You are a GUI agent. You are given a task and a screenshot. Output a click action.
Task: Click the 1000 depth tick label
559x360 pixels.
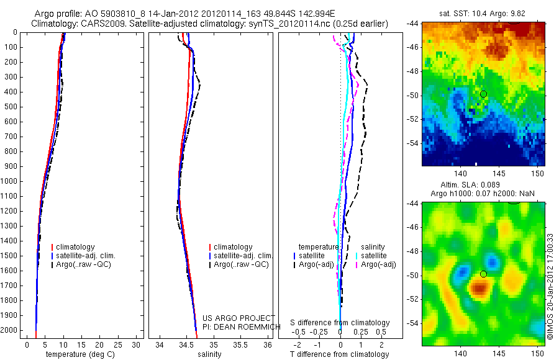tap(9, 181)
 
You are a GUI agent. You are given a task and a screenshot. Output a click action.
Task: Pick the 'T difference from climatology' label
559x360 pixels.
tap(340, 354)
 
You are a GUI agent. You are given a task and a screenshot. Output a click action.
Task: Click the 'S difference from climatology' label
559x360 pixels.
tap(340, 323)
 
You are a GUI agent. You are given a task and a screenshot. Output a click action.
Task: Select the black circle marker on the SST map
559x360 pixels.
tap(483, 94)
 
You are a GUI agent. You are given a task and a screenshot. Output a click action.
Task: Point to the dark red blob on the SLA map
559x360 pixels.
tap(479, 287)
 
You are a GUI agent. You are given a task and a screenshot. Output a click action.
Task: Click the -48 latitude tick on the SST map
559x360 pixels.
tap(414, 71)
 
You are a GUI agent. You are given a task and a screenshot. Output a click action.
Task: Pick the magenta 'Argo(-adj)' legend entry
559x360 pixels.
tap(373, 265)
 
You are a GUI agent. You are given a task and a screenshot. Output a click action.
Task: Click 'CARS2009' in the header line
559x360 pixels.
tap(100, 24)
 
